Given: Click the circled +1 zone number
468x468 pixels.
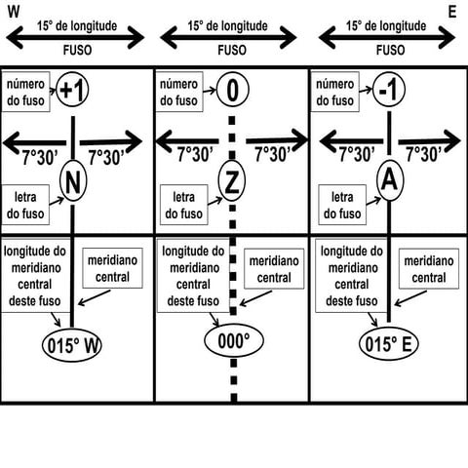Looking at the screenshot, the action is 72,90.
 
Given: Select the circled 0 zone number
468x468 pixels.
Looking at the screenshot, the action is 233,90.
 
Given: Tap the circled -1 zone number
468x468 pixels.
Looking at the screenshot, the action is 389,90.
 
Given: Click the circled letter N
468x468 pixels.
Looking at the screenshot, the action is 73,181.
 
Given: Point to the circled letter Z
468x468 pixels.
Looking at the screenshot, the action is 232,181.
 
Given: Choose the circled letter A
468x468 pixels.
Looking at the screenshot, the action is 390,180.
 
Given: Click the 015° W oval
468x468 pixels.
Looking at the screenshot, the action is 72,345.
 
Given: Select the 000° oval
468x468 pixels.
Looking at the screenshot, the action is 234,341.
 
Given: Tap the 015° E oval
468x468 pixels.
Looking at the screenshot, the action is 388,344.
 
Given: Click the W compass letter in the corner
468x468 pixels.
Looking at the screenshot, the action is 14,12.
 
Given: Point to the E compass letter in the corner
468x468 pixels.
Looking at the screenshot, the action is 452,12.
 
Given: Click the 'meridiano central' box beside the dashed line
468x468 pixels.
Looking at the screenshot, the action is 274,269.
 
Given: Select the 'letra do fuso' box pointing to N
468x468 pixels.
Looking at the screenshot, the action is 25,205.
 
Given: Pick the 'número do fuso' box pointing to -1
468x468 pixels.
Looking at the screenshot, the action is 335,92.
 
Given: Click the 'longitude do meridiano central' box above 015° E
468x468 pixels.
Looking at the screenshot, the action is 351,275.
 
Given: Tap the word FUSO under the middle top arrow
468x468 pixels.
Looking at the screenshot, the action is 232,51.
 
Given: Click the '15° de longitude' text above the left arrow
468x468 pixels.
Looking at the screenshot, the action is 77,26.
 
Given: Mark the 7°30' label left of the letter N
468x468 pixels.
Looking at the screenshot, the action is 40,158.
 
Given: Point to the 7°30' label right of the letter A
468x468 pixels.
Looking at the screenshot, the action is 424,154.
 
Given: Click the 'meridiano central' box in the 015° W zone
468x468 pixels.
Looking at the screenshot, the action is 112,268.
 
